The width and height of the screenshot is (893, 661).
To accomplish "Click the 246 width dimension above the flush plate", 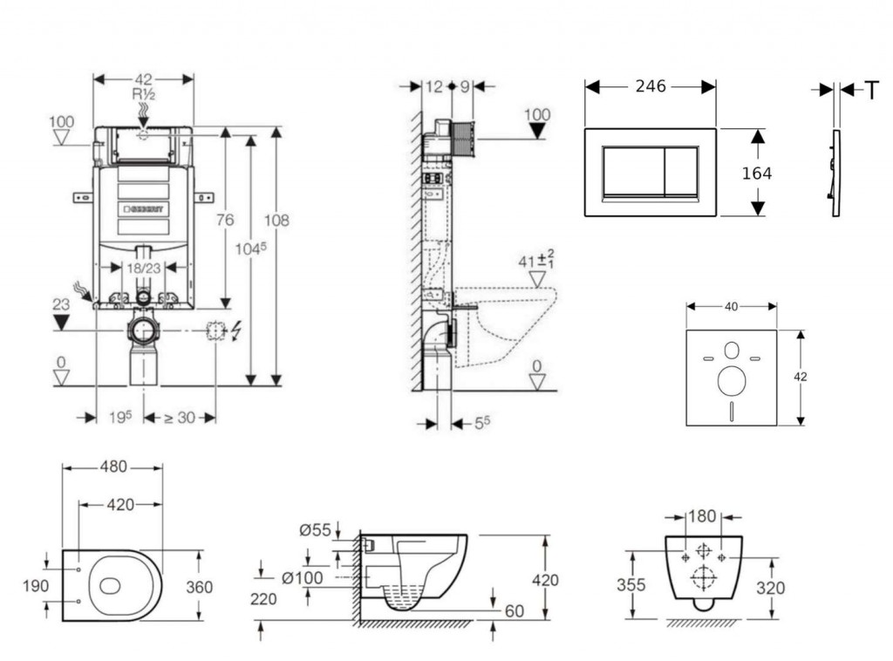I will click(x=651, y=86).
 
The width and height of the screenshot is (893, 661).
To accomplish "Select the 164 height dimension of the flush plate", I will click(x=756, y=174).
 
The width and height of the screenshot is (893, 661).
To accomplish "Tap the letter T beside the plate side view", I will click(x=871, y=90).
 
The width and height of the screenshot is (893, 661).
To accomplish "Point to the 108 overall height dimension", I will click(x=276, y=221).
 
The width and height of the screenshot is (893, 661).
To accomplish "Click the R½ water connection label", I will click(x=143, y=94).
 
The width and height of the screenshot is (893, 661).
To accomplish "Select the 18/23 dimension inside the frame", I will click(x=143, y=269).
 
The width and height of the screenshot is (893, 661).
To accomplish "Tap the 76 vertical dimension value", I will click(x=225, y=221).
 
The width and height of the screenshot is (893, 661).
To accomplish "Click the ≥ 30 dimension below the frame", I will click(x=180, y=418).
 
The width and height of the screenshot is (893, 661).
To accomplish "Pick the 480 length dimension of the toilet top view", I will click(x=112, y=467).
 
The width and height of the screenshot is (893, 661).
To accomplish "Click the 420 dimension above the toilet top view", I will click(x=120, y=504).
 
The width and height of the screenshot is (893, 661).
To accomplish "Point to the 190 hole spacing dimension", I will click(x=35, y=586).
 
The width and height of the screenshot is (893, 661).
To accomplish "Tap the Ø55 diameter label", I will click(x=315, y=529).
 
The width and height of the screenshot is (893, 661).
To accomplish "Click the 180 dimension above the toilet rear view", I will click(x=703, y=516).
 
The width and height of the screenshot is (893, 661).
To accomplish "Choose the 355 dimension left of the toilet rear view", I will click(x=631, y=585).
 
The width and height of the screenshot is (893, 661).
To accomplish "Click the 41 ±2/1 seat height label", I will click(x=536, y=260).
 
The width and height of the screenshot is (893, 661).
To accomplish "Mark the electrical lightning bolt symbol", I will click(x=235, y=330).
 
